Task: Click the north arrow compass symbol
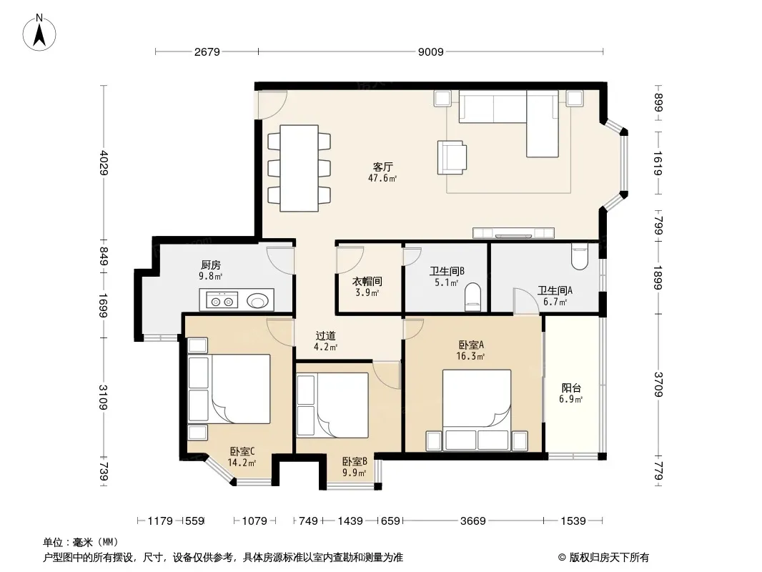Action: pos(39,32)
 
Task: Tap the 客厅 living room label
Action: pos(382,167)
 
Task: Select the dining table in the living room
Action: pos(299,168)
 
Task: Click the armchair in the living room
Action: pos(452,157)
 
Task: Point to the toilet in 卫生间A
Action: pos(580,257)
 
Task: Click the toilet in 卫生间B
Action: pos(472,297)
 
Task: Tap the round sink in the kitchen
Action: pos(257,301)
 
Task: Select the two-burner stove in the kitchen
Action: pos(222,300)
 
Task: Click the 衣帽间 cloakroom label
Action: pos(367,282)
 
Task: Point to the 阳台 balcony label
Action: pos(571,388)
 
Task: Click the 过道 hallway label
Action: pos(325,336)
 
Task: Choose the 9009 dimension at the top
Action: pos(431,52)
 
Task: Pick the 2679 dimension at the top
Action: pos(207,52)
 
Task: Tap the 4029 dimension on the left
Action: pos(104,163)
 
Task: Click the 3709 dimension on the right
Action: pos(658,385)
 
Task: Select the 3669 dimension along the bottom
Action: pos(472,521)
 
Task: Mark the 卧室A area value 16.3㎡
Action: pos(470,356)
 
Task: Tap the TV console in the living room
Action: pos(514,233)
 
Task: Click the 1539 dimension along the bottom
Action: pos(573,521)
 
